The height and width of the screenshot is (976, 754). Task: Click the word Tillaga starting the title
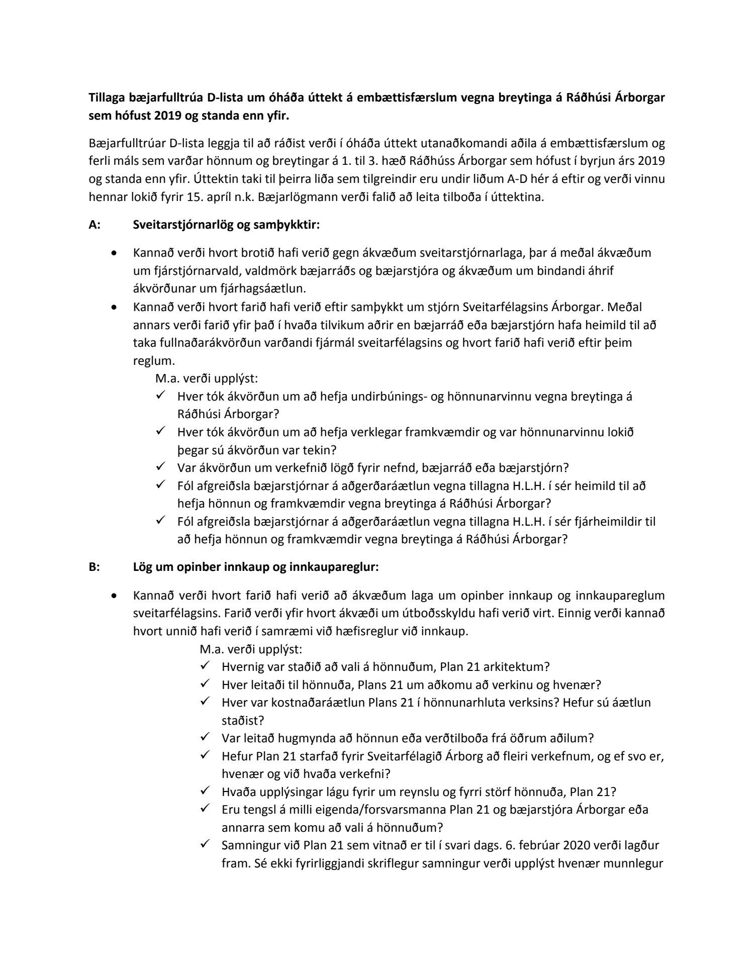tap(109, 97)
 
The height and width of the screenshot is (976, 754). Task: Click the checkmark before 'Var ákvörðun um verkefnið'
tap(161, 467)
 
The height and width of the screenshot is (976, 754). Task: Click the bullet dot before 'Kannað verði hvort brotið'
tap(116, 253)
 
